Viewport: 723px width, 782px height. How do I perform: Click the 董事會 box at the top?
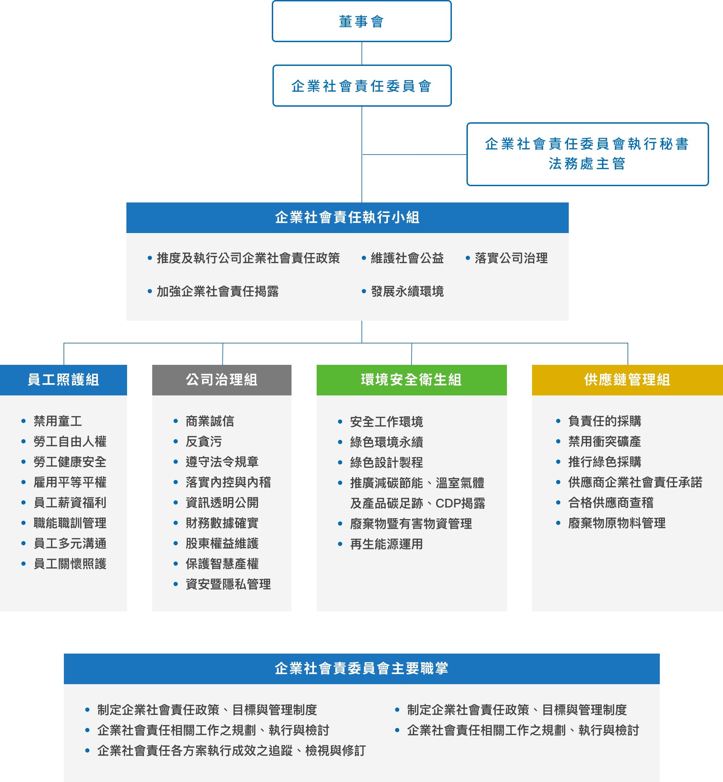point(361,21)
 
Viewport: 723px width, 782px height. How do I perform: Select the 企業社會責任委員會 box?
point(362,86)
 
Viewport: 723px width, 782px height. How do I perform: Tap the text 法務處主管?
point(587,163)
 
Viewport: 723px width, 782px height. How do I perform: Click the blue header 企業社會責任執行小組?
point(348,217)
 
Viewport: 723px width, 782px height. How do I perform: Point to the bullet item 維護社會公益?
point(407,258)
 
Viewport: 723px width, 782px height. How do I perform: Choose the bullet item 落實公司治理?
point(511,258)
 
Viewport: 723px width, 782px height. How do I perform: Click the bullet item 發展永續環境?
point(407,291)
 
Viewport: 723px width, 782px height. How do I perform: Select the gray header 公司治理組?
point(222,380)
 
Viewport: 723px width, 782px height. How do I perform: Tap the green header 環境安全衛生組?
point(411,380)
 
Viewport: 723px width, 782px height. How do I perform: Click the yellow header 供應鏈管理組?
point(628,380)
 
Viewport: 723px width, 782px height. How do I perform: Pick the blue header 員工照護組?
point(64,380)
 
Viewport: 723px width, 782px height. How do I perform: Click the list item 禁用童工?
point(58,421)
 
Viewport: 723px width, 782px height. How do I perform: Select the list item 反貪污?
point(204,442)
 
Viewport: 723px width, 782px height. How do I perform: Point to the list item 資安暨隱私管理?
point(228,584)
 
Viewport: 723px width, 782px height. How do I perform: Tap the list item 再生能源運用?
point(387,544)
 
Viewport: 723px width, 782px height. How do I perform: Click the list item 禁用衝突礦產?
point(605,442)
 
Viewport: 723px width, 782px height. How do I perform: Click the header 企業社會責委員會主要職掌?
point(361,669)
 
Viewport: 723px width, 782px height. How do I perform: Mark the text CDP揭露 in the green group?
point(460,503)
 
